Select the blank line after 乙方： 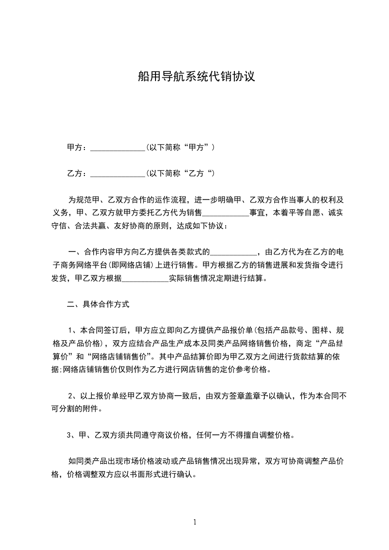tap(118, 174)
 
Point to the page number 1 tap(195, 522)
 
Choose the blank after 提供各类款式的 tap(233, 253)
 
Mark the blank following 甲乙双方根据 tap(145, 279)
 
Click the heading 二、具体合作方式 tap(98, 304)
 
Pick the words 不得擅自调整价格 tap(259, 435)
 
